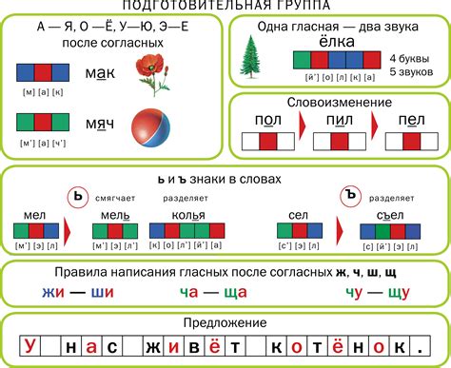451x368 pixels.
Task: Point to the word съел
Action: coord(389,214)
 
